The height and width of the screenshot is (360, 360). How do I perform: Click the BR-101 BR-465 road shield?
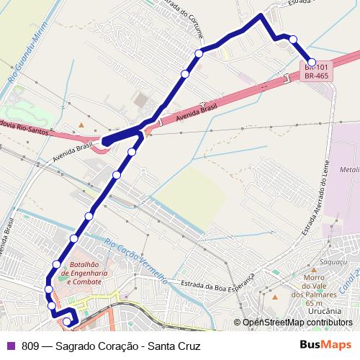318,71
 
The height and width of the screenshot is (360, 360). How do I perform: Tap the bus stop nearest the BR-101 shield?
312,62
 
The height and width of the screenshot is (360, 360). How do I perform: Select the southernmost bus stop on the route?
67,321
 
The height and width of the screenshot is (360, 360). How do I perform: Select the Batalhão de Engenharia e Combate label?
84,273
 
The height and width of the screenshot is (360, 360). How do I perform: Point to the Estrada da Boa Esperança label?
220,282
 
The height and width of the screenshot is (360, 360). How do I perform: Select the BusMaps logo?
325,345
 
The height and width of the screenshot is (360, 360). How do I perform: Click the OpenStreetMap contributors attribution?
297,323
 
